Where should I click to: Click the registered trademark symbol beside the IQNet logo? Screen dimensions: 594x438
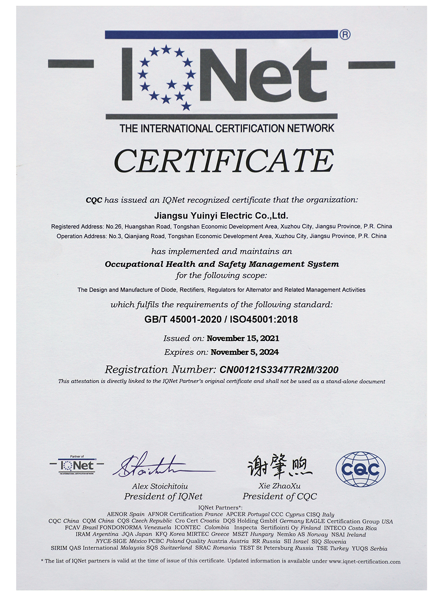(345, 34)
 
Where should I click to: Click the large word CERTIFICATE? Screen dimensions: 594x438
(224, 161)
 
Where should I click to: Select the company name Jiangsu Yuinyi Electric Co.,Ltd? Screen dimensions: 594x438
(221, 215)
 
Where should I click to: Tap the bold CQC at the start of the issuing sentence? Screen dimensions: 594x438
(94, 200)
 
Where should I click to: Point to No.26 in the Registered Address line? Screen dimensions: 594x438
(113, 226)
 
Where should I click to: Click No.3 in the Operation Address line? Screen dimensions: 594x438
(115, 236)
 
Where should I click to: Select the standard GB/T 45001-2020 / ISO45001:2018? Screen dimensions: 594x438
(221, 320)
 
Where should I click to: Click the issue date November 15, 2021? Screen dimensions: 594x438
(243, 338)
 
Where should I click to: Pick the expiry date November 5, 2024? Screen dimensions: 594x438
(244, 352)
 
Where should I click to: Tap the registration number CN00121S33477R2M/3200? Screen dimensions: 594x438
(279, 370)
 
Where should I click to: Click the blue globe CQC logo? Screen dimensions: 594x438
(360, 469)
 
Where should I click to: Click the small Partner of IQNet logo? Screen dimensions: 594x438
(77, 465)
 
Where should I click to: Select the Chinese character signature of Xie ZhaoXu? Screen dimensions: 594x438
(279, 466)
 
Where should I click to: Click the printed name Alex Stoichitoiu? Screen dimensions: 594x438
(160, 486)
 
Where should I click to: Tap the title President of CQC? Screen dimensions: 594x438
(279, 496)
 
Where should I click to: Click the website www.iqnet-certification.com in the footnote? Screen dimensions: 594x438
(364, 562)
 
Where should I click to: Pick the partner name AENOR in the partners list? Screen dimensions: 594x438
(117, 514)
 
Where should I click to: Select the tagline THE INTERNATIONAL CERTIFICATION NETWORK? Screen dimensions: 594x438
(226, 128)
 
